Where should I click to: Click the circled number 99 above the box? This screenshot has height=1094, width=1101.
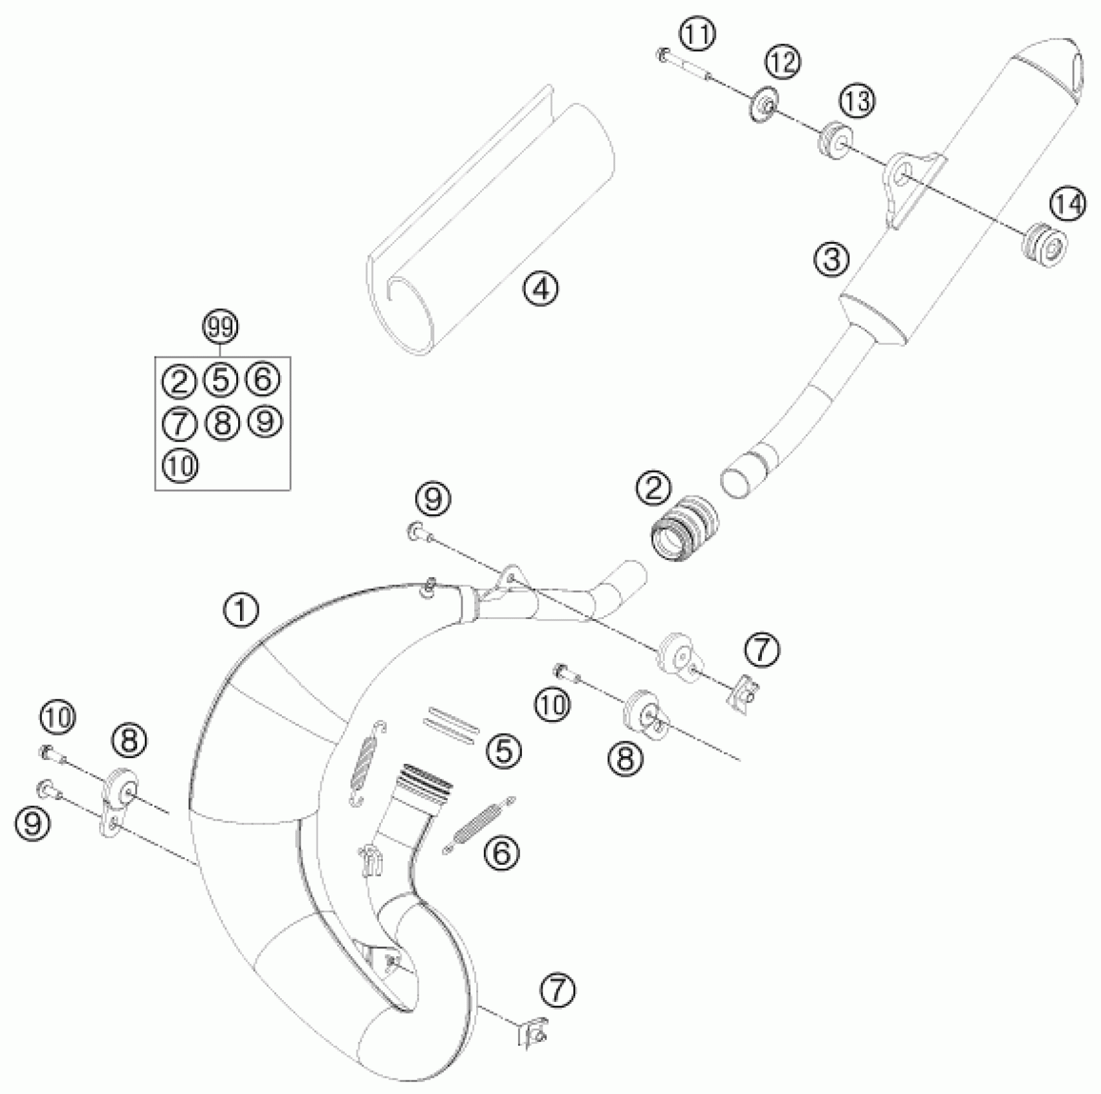[221, 328]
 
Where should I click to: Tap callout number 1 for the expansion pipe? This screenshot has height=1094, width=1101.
[241, 610]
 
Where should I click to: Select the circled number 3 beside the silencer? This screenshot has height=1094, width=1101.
[832, 259]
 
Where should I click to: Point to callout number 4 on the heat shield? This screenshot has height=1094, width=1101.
[541, 289]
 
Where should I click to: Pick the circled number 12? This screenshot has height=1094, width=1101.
[782, 63]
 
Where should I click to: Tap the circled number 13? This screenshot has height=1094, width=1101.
[856, 102]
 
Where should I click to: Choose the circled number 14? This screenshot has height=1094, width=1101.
[1068, 205]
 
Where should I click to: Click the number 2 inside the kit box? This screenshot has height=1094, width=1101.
[179, 381]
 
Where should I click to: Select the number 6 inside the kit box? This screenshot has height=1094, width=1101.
[263, 379]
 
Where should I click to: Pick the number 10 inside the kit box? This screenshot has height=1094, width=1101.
[180, 465]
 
